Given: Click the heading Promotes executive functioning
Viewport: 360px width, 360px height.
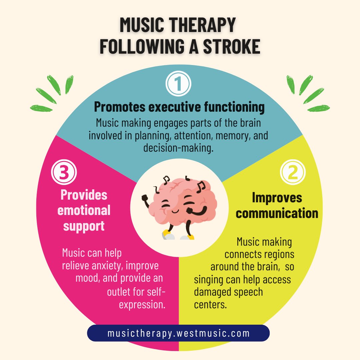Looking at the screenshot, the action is coord(179,107).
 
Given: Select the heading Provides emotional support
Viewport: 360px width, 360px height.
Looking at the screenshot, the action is coord(84,210).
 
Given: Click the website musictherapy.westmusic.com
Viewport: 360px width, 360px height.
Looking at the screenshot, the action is coord(178,333).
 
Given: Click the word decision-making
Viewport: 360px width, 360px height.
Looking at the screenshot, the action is coord(178,148).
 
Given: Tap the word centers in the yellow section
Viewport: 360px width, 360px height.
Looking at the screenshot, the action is coord(210,304).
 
